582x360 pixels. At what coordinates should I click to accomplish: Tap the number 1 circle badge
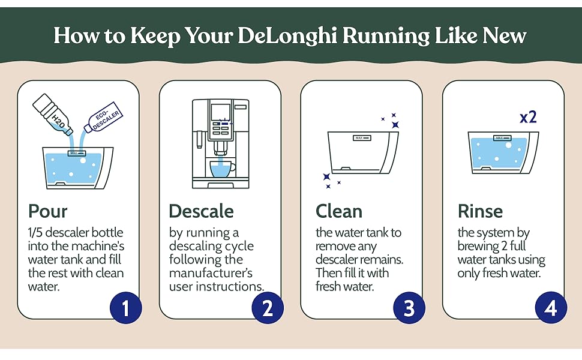pyautogui.click(x=126, y=308)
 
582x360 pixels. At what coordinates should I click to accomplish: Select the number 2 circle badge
pyautogui.click(x=268, y=308)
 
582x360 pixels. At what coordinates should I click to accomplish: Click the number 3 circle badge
pyautogui.click(x=409, y=308)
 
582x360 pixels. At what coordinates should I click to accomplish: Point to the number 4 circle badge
pyautogui.click(x=551, y=308)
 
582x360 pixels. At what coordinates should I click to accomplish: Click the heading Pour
pyautogui.click(x=48, y=211)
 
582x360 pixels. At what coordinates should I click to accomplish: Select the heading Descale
pyautogui.click(x=201, y=211)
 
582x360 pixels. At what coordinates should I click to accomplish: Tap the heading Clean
pyautogui.click(x=339, y=211)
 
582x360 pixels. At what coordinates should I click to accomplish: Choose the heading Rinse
pyautogui.click(x=480, y=211)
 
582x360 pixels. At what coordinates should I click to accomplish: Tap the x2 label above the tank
pyautogui.click(x=528, y=116)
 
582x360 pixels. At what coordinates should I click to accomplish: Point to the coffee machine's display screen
pyautogui.click(x=221, y=113)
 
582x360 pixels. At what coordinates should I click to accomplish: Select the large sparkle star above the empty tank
pyautogui.click(x=395, y=125)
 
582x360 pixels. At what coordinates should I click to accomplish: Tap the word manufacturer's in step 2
pyautogui.click(x=211, y=273)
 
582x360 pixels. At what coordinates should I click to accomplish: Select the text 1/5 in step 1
pyautogui.click(x=37, y=233)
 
